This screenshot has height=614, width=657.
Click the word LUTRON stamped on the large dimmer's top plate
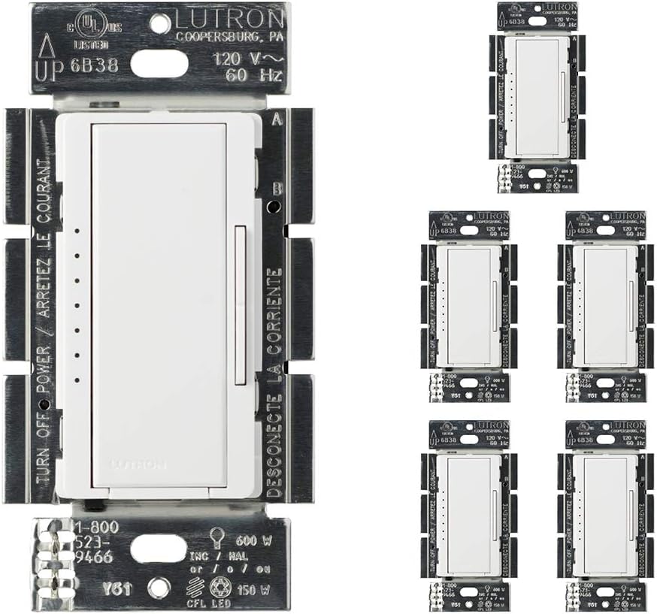232,19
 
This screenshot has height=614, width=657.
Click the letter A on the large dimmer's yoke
278,119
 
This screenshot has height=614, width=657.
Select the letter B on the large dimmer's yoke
277,189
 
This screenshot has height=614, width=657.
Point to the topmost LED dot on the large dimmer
77,231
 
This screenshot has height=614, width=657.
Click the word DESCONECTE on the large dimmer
275,451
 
